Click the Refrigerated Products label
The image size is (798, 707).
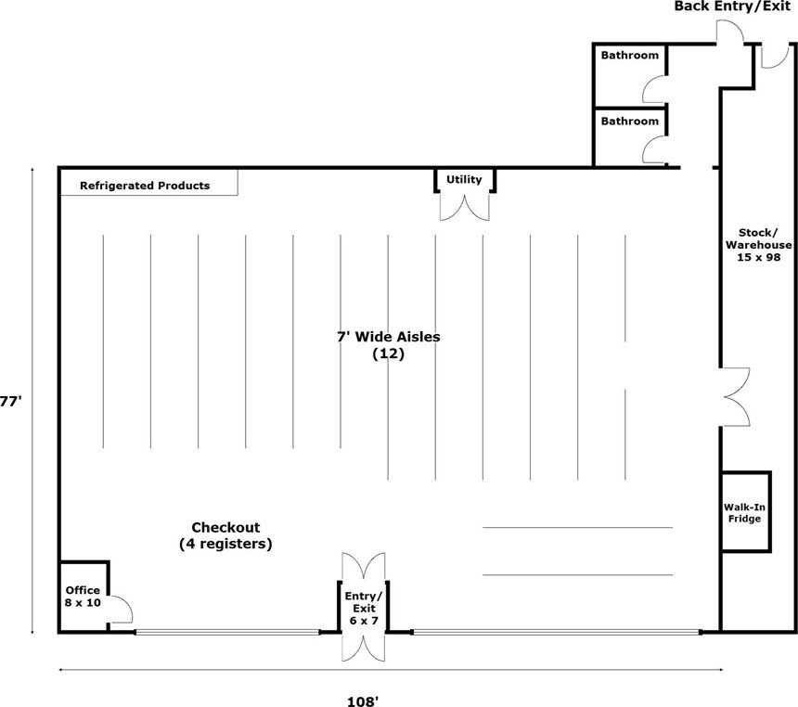[x=145, y=186]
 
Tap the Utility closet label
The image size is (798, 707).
[x=464, y=179]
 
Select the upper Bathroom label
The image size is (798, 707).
[x=629, y=55]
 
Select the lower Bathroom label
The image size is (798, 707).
[x=629, y=122]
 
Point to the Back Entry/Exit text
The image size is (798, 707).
[x=732, y=6]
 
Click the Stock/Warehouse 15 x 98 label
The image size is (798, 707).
[x=758, y=245]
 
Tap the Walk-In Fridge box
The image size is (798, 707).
[x=746, y=512]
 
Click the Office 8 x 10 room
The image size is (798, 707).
[x=84, y=597]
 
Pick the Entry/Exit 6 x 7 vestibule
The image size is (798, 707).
[x=364, y=607]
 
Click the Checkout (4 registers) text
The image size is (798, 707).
[x=225, y=535]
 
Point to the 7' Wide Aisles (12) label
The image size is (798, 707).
[x=388, y=344]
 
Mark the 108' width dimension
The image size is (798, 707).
[x=362, y=701]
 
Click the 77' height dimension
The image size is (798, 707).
[x=11, y=402]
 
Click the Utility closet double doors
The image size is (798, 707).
[x=465, y=208]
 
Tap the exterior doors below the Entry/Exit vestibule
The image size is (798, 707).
[x=364, y=648]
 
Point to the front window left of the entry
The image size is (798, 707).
[x=227, y=632]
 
